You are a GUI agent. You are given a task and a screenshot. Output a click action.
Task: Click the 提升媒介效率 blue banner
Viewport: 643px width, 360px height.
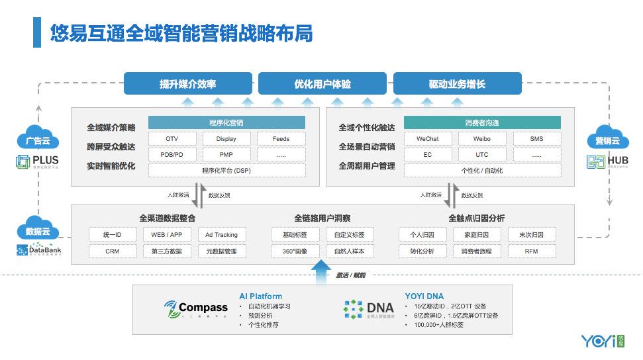click(188, 84)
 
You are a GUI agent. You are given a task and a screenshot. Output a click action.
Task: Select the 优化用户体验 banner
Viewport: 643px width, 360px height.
click(322, 84)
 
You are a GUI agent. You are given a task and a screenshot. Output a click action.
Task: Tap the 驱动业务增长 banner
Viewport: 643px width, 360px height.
click(457, 84)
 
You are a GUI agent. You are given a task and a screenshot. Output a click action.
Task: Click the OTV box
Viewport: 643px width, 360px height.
click(172, 139)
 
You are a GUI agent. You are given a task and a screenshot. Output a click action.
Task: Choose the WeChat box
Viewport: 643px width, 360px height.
click(427, 139)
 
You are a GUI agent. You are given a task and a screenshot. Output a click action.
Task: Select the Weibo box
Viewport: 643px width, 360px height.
click(481, 139)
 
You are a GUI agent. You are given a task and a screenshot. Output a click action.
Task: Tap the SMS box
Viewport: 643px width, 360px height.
click(536, 139)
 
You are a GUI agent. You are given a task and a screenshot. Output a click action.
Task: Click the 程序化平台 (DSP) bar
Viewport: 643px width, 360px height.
click(226, 171)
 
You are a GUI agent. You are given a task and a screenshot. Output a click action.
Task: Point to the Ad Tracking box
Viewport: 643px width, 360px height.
click(221, 235)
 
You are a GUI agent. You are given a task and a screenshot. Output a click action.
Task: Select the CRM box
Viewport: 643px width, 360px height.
click(113, 251)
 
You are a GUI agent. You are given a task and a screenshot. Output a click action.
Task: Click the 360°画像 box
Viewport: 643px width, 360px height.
click(295, 251)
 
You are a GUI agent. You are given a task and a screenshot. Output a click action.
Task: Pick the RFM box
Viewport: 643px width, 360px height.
click(532, 251)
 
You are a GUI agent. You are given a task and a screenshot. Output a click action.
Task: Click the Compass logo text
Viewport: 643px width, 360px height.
click(203, 308)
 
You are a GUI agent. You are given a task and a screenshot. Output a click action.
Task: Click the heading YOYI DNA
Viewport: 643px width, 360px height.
click(424, 296)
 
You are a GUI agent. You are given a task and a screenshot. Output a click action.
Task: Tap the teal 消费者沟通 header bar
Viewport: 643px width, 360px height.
click(481, 123)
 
